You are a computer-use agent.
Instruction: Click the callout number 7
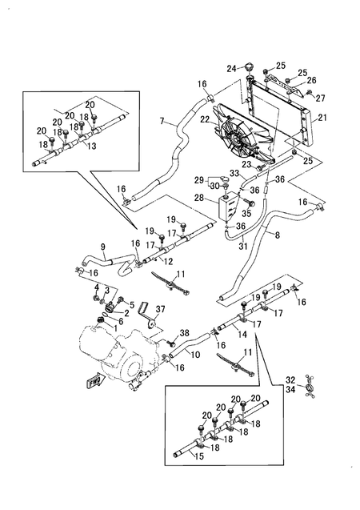pyautogui.click(x=162, y=121)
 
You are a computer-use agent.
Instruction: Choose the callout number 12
pyautogui.click(x=169, y=261)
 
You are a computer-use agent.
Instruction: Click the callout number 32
pyautogui.click(x=290, y=379)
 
